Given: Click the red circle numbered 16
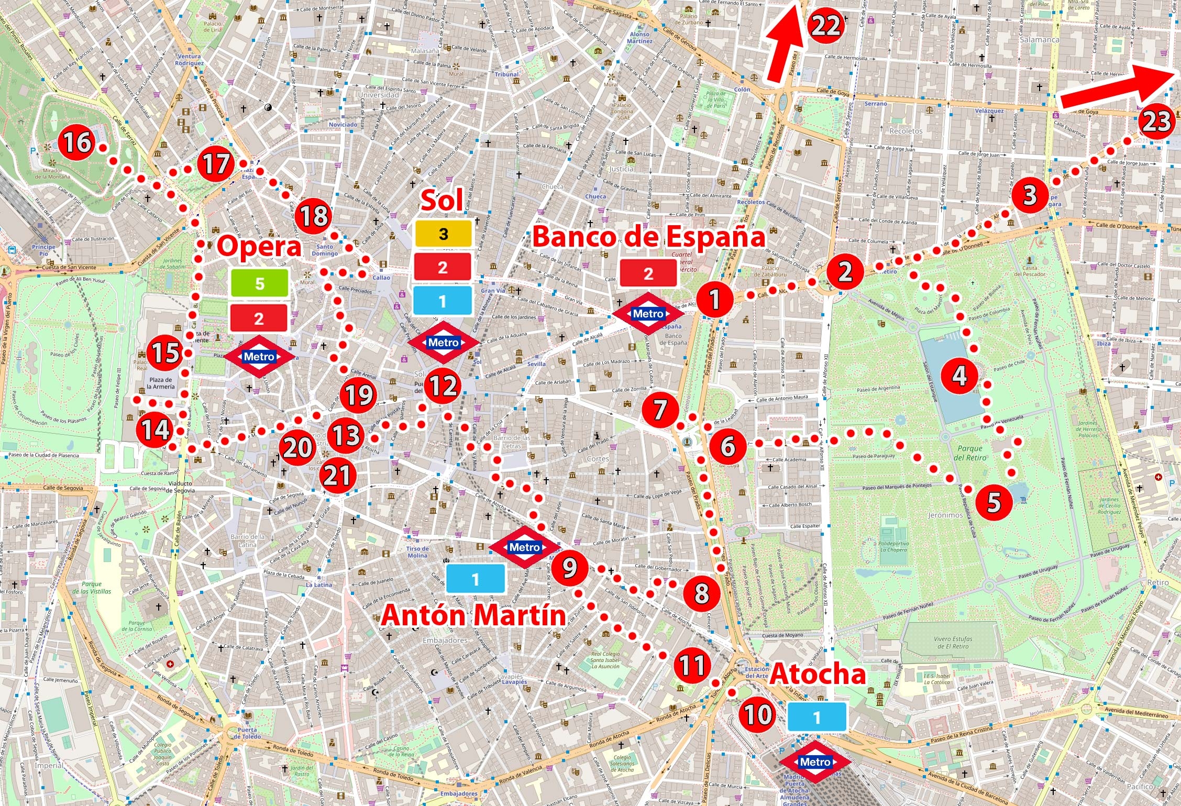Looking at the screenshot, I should [77, 142].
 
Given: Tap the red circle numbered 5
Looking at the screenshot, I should [994, 502].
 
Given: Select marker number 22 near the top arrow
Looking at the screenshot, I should [825, 25].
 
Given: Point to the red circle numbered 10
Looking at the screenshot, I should [757, 714].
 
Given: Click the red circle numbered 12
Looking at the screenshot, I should [443, 387].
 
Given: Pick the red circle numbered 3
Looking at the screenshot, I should [1030, 195].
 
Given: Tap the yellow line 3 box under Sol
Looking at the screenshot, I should [444, 234].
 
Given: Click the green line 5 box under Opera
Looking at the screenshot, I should [260, 283].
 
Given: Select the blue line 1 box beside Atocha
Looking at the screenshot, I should [816, 717].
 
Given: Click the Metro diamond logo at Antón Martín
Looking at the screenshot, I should [524, 547].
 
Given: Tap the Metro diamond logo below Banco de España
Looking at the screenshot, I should [648, 314].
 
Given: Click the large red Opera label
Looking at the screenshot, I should [259, 246].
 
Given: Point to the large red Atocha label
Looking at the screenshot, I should [818, 674].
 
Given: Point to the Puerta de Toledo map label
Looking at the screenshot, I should [247, 733].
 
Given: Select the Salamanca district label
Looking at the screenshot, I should [1039, 40].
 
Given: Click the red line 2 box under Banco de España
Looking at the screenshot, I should [648, 273].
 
